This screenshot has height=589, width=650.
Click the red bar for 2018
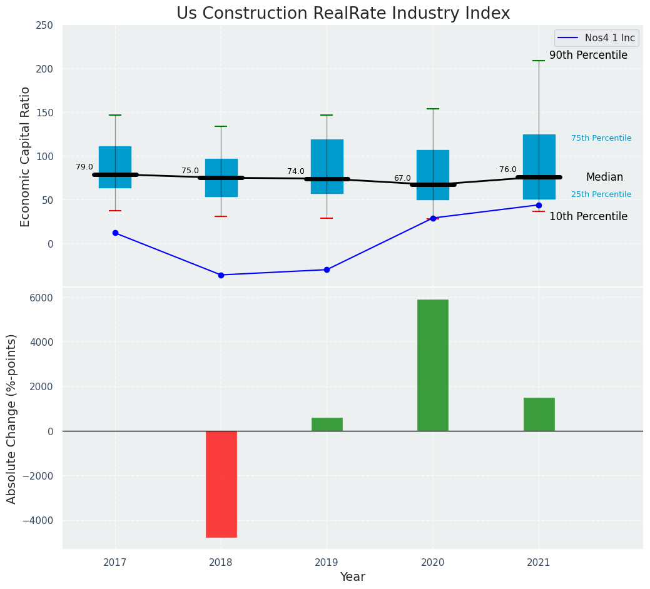[221, 484]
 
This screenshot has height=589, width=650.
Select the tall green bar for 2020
[433, 365]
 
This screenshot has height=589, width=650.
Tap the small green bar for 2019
[327, 425]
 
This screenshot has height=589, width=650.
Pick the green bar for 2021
[539, 414]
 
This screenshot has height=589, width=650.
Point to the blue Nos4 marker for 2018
[221, 275]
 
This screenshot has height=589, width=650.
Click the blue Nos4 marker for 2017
[115, 233]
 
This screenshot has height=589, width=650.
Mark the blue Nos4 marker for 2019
[327, 269]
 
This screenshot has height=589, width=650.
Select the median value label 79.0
[84, 167]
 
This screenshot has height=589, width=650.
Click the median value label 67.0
[402, 178]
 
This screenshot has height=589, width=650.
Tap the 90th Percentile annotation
[588, 56]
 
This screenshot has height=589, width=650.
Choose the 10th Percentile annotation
[588, 217]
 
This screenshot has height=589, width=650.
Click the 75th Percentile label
[601, 138]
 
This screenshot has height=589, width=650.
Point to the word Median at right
[604, 178]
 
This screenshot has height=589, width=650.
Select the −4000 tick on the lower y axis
[39, 520]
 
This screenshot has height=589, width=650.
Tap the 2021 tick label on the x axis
[539, 563]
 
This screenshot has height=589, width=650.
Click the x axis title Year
[353, 577]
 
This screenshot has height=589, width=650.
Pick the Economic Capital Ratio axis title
[26, 156]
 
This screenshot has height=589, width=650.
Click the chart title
[343, 13]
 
